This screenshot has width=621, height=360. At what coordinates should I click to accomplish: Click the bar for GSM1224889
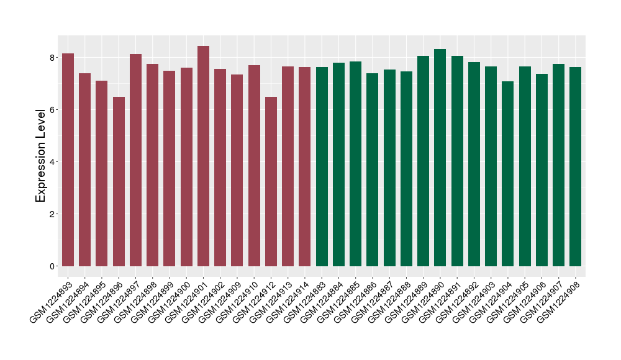[x=423, y=161]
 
